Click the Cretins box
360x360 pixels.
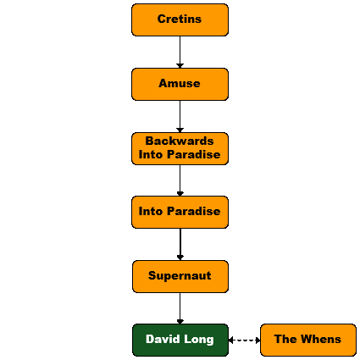[180, 19]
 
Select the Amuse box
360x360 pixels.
[180, 84]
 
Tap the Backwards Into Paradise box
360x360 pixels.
[180, 148]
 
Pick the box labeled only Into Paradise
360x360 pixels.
[180, 212]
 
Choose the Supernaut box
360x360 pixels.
[180, 276]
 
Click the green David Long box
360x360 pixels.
[180, 340]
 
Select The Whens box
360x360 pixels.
[308, 340]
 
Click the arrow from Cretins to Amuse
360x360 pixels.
[180, 53]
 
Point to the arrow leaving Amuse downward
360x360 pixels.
[180, 116]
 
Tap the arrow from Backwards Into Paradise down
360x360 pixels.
[180, 180]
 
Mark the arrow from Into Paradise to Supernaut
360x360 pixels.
[180, 244]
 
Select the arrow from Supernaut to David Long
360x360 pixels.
[180, 308]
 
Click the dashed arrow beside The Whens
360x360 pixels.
[244, 340]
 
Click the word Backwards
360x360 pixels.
[180, 141]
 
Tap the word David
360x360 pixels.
[163, 339]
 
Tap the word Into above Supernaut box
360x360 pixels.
[151, 211]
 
